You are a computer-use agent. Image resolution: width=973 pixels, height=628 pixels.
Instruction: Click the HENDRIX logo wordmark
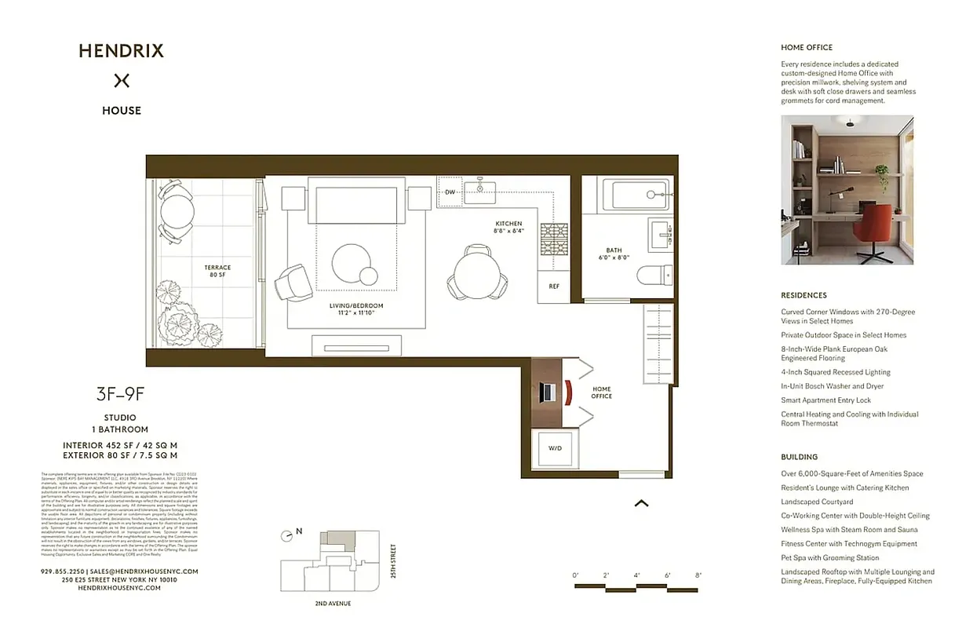[x=121, y=52]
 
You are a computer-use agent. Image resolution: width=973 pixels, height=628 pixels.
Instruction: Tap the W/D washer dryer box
[x=555, y=448]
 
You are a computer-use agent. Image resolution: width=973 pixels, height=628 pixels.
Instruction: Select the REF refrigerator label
[x=554, y=287]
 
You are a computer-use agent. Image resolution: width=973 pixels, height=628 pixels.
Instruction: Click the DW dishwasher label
[x=450, y=192]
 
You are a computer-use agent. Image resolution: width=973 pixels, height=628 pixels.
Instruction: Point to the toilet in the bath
[x=654, y=275]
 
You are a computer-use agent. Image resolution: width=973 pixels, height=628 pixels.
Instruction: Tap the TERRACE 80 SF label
[x=217, y=271]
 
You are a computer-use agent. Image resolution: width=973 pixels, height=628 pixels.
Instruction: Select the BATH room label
[x=614, y=254]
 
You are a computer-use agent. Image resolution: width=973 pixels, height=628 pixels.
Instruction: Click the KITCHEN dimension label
[x=508, y=228]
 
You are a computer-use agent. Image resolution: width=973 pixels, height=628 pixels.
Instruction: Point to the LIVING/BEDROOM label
[x=356, y=309]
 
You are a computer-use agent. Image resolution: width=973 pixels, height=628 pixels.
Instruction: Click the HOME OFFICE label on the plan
[x=602, y=392]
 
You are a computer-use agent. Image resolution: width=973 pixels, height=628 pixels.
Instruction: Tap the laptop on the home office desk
[x=549, y=392]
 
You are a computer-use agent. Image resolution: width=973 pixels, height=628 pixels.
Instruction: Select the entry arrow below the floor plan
[x=641, y=503]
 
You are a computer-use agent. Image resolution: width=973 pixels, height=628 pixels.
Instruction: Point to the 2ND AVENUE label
[x=332, y=603]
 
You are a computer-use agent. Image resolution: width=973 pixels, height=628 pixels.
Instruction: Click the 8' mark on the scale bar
[x=698, y=575]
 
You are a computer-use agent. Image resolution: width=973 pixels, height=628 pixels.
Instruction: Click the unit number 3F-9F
[x=120, y=395]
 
